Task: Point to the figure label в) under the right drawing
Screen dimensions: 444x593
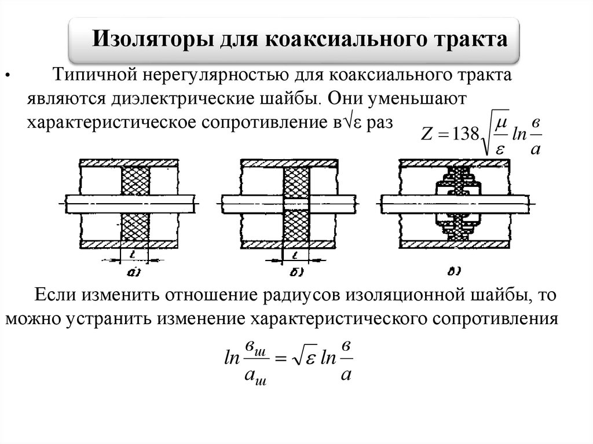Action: tap(455, 270)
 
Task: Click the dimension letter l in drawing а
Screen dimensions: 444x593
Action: tap(134, 254)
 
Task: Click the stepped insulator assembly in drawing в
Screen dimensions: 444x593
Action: tap(457, 204)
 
